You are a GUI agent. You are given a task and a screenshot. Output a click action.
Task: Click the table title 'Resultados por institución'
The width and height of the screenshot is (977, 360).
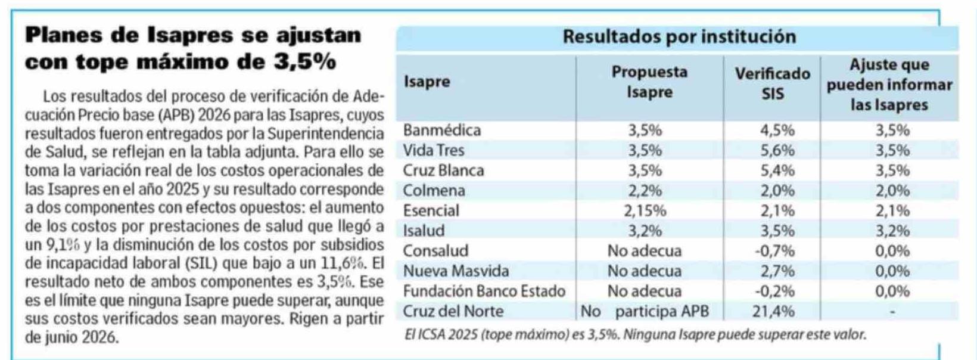click(679, 37)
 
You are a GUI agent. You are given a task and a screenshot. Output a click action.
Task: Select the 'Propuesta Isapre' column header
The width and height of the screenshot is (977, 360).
click(649, 82)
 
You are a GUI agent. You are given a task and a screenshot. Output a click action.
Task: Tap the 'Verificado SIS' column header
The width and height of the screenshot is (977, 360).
click(772, 83)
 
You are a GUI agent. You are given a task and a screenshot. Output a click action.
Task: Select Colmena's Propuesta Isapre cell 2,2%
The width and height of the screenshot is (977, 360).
click(645, 191)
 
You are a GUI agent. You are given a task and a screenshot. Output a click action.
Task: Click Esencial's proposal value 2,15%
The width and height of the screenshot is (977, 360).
click(645, 211)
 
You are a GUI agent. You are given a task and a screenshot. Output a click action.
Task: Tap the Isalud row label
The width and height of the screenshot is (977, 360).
click(424, 231)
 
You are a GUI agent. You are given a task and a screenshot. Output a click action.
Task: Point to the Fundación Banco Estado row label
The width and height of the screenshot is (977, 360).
click(484, 291)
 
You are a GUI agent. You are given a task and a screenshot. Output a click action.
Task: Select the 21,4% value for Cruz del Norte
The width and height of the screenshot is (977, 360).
click(774, 311)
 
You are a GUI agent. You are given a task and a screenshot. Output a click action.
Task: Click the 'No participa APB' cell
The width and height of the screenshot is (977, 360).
click(645, 311)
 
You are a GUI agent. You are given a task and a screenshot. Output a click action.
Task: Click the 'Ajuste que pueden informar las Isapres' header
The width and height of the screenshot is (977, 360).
click(889, 85)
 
